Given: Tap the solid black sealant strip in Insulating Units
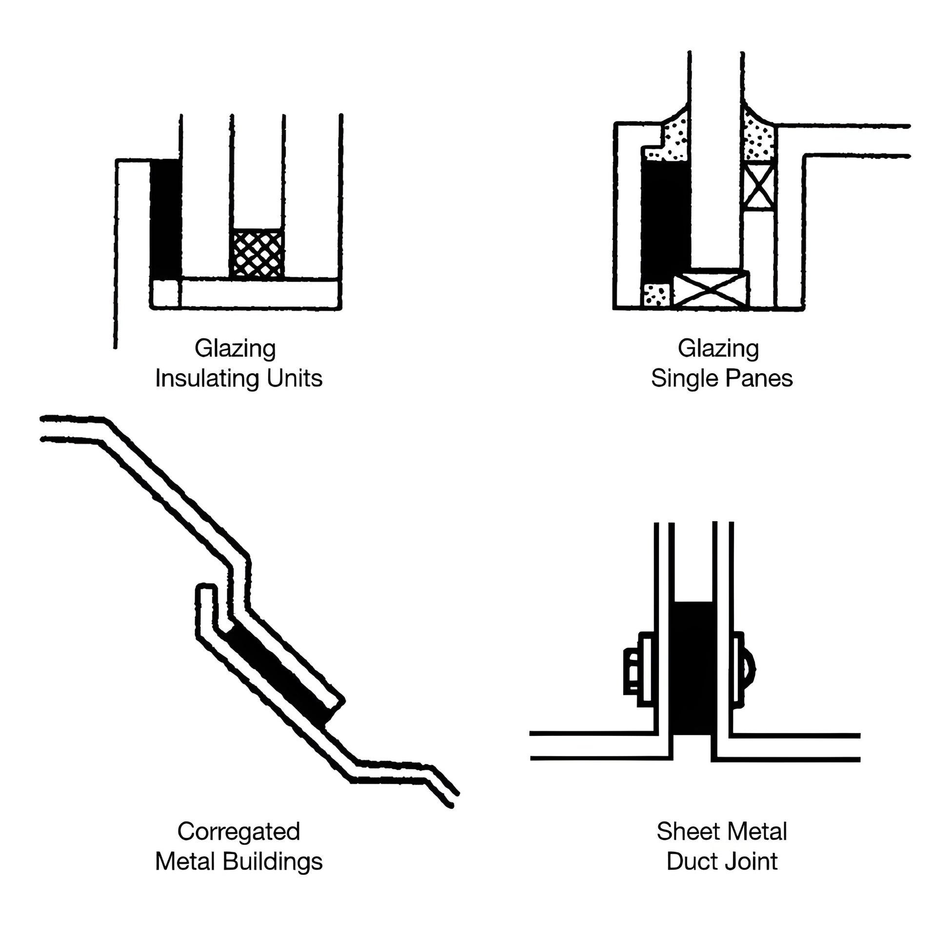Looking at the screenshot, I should [165, 218].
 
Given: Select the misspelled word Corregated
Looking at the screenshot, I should [239, 831].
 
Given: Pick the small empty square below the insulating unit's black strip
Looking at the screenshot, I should [165, 294].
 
